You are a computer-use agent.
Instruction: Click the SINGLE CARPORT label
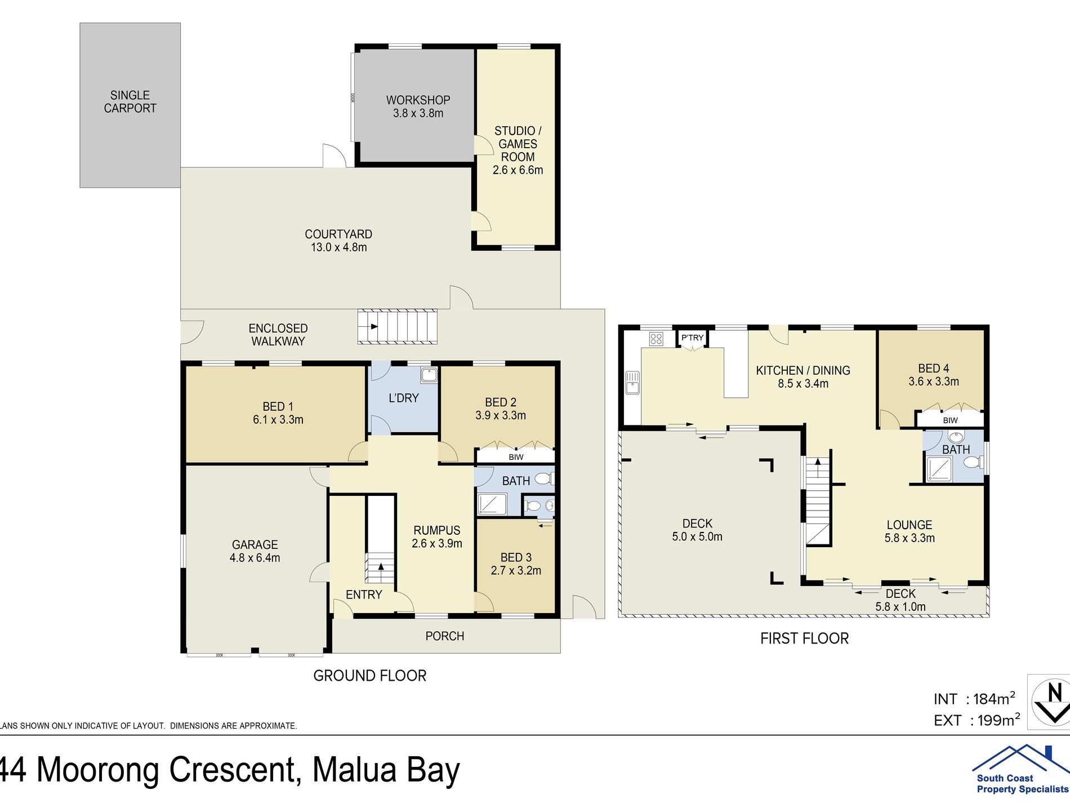tap(130, 102)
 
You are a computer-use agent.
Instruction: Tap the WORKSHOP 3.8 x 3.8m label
tap(418, 107)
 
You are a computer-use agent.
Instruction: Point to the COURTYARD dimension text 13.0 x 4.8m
tap(338, 247)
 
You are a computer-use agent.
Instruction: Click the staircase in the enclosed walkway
tap(398, 326)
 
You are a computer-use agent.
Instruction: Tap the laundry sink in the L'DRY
tap(429, 375)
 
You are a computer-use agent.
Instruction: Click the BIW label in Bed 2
tap(516, 457)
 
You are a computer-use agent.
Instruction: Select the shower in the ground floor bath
tap(492, 504)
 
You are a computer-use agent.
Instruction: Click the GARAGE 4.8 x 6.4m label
tap(255, 551)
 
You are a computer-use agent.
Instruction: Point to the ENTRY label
tap(364, 595)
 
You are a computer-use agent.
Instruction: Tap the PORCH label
tap(445, 636)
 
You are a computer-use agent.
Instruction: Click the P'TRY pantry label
tap(692, 338)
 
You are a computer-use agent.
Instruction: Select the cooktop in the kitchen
tap(656, 339)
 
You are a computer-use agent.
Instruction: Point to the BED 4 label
tap(933, 369)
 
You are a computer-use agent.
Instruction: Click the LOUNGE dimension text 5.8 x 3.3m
tap(909, 538)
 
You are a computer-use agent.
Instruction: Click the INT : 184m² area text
tap(974, 699)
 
